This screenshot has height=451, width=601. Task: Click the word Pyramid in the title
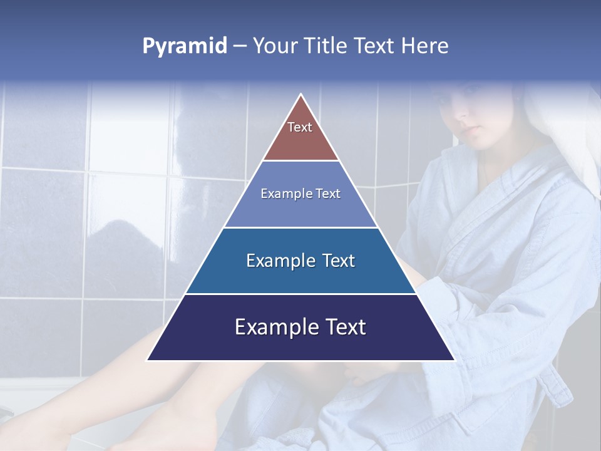click(185, 46)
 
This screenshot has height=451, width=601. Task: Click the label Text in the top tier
click(300, 127)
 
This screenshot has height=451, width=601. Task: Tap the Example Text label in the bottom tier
click(300, 327)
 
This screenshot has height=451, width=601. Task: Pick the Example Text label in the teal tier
click(300, 261)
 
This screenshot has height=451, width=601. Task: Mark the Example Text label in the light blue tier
click(300, 194)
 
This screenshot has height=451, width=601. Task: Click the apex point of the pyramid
click(301, 95)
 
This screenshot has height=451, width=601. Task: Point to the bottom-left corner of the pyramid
click(148, 360)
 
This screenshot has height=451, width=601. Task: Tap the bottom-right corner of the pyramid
click(454, 360)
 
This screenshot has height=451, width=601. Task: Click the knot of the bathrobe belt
click(554, 382)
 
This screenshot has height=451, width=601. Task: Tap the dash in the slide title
click(240, 46)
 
